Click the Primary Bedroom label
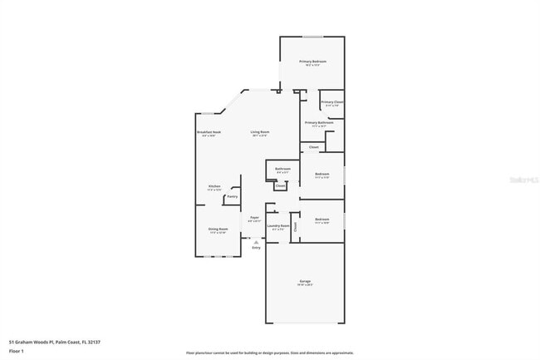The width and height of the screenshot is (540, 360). [312, 62]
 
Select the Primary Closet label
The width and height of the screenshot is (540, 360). [332, 102]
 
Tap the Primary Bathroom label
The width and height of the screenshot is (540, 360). [319, 122]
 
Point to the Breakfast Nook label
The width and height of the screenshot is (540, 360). [209, 132]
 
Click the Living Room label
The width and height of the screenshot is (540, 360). [260, 132]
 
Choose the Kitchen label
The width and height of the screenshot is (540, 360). [214, 186]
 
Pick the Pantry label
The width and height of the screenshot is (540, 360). [232, 196]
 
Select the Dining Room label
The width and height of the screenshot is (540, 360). [218, 231]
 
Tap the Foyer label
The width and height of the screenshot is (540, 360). [255, 218]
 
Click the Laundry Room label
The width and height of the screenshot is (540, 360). [278, 225]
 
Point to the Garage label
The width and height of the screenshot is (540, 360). [305, 282]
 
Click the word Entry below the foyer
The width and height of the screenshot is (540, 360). [256, 248]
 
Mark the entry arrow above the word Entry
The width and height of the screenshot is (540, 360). [256, 241]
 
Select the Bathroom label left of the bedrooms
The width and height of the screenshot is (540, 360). [283, 170]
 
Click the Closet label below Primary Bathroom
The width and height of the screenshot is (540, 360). [313, 147]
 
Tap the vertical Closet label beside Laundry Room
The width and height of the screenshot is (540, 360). [295, 225]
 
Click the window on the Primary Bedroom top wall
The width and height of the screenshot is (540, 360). [312, 37]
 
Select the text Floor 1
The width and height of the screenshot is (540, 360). [17, 352]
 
